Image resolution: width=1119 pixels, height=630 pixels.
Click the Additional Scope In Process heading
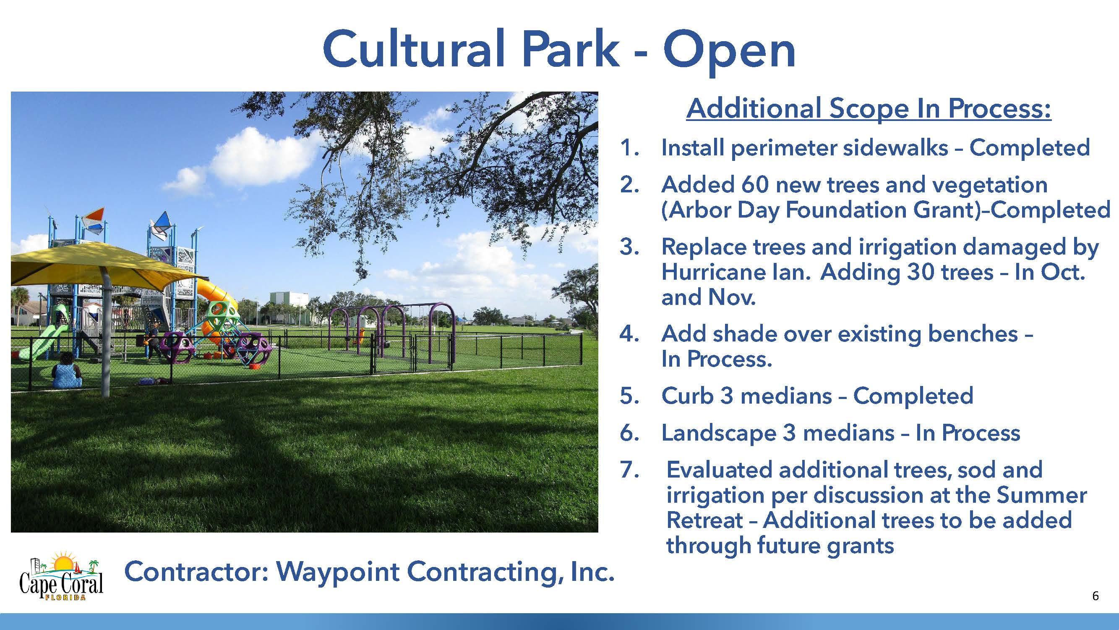pyautogui.click(x=869, y=108)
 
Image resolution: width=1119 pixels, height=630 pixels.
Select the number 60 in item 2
pyautogui.click(x=755, y=184)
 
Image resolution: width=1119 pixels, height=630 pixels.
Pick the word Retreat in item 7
pyautogui.click(x=704, y=520)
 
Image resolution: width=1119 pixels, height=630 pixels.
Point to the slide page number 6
pyautogui.click(x=1095, y=596)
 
